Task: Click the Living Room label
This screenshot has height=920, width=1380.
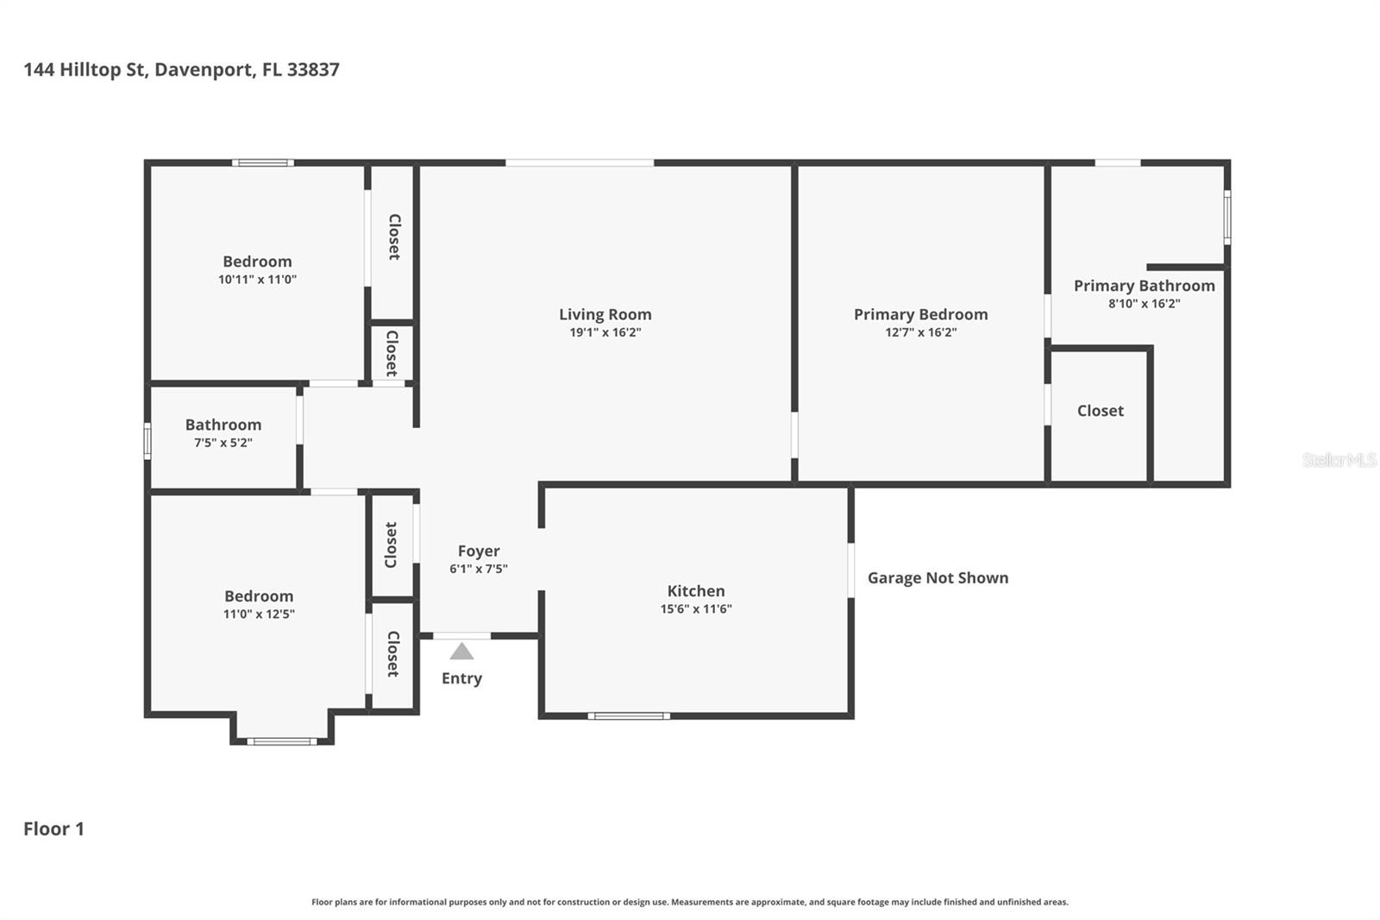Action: pyautogui.click(x=605, y=315)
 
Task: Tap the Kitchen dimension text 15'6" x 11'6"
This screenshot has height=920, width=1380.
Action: pyautogui.click(x=695, y=609)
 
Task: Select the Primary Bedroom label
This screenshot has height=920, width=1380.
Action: pyautogui.click(x=920, y=315)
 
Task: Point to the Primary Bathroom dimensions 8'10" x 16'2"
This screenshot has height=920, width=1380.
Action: pyautogui.click(x=1144, y=304)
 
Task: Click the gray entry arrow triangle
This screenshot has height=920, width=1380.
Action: pyautogui.click(x=461, y=652)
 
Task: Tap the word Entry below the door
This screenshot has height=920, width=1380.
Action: pyautogui.click(x=461, y=678)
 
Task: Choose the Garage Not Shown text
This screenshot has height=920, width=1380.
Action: pyautogui.click(x=938, y=578)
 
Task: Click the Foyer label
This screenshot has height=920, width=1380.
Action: pyautogui.click(x=479, y=551)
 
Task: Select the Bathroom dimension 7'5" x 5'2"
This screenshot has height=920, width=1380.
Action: pyautogui.click(x=223, y=443)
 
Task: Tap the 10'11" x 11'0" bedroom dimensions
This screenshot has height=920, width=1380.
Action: pyautogui.click(x=257, y=280)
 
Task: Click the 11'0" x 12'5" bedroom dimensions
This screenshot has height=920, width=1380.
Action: pyautogui.click(x=259, y=614)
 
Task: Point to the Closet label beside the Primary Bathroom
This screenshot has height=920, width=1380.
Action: pyautogui.click(x=1100, y=411)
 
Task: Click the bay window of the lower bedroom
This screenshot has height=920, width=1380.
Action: pyautogui.click(x=282, y=740)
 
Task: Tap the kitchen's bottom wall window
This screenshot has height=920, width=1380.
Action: pyautogui.click(x=629, y=715)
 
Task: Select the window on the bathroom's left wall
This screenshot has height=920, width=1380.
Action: pyautogui.click(x=147, y=440)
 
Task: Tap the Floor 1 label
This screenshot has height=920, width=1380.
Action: pyautogui.click(x=53, y=829)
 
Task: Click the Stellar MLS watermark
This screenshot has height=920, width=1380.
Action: pyautogui.click(x=1339, y=460)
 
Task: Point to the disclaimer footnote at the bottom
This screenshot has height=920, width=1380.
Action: pyautogui.click(x=689, y=902)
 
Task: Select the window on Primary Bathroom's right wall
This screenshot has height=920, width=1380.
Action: pyautogui.click(x=1226, y=217)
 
